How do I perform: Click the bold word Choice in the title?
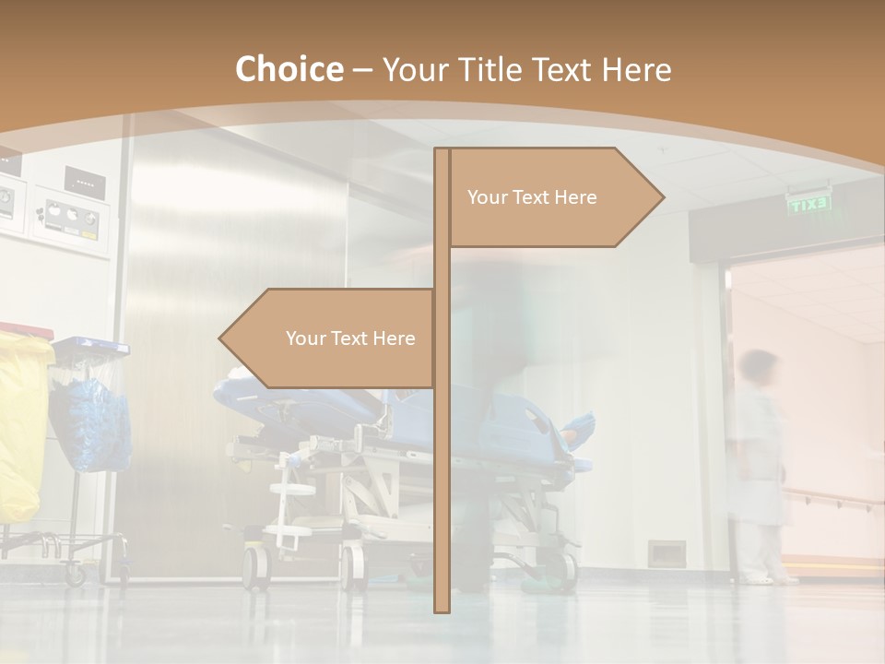coord(289,70)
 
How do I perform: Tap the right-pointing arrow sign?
coord(553,197)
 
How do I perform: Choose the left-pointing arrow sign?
coord(328,338)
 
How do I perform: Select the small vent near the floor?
coord(666,552)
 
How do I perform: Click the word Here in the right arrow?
coord(576,197)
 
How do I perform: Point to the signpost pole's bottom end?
coord(442,607)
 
